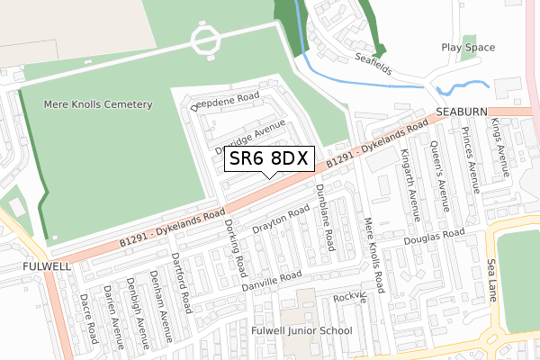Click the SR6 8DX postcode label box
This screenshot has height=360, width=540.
(269, 158)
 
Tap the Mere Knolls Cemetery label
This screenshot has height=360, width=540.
(98, 104)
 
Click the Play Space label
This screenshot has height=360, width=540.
(463, 47)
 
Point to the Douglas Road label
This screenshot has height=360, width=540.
(434, 237)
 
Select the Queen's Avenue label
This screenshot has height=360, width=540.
(441, 171)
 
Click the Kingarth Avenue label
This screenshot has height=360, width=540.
(413, 184)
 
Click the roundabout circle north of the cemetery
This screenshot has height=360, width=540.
(205, 39)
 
